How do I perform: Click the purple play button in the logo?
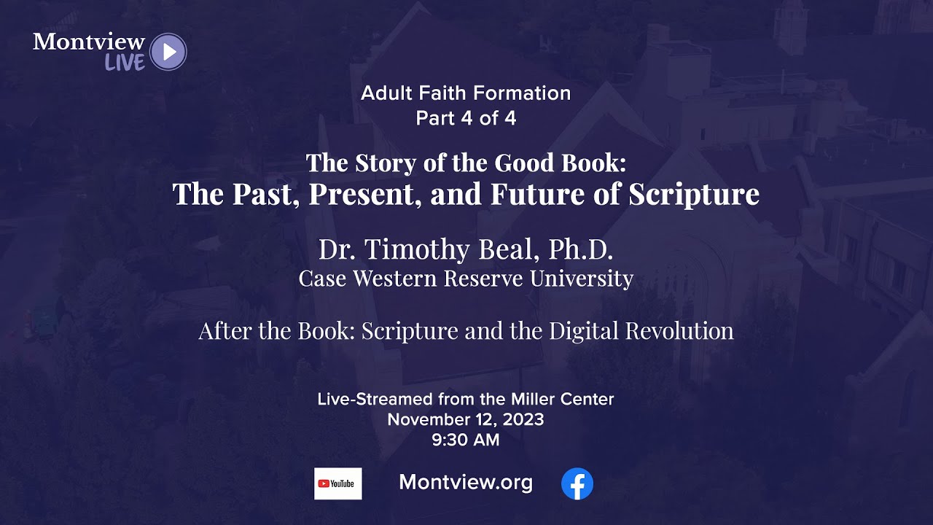(x=168, y=52)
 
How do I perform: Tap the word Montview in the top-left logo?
(x=89, y=42)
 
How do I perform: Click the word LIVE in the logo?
(x=125, y=63)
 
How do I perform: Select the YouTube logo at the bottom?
(x=337, y=483)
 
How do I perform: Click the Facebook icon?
(x=577, y=483)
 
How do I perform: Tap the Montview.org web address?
(x=466, y=483)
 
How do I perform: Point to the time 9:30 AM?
(x=466, y=440)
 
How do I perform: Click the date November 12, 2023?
(x=466, y=419)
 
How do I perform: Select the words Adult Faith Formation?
(x=466, y=93)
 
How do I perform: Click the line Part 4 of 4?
(x=466, y=118)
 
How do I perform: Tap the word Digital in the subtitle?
(x=582, y=331)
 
